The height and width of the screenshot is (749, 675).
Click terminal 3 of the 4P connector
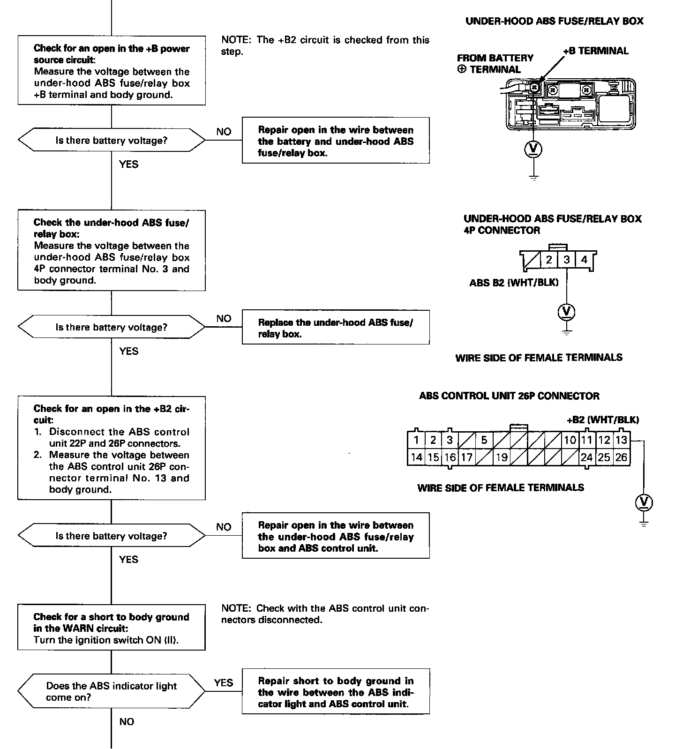click(x=567, y=260)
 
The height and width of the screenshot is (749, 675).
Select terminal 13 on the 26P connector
click(x=622, y=440)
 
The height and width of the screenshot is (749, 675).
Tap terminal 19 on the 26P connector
click(x=502, y=457)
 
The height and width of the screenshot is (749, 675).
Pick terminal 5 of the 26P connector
click(x=484, y=440)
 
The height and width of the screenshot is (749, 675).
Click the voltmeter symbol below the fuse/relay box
click(x=533, y=149)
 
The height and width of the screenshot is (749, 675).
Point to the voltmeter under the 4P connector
click(x=567, y=312)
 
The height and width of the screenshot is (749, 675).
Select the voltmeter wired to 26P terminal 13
click(x=644, y=502)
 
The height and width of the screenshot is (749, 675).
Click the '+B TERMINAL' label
click(x=595, y=51)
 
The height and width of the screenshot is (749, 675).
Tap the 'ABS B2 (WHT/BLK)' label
click(x=514, y=283)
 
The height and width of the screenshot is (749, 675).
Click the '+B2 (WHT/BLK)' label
click(x=603, y=420)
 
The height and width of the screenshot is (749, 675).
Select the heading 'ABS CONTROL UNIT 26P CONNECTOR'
click(x=509, y=396)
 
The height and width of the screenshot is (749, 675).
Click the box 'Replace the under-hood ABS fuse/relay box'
click(x=336, y=328)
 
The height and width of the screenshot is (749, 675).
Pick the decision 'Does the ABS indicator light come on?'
click(x=112, y=691)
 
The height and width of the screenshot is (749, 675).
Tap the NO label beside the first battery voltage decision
click(x=224, y=132)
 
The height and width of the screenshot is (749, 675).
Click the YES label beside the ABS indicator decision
click(x=224, y=683)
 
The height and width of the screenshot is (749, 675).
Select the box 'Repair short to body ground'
click(x=336, y=692)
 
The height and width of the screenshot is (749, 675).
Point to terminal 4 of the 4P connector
click(x=584, y=260)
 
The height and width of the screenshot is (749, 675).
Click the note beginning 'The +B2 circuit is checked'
click(x=325, y=45)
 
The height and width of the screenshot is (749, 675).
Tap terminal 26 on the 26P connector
click(x=622, y=457)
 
